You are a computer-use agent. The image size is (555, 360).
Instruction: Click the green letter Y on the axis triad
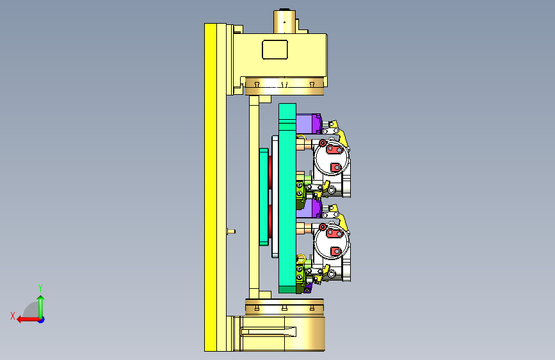pos(40,288)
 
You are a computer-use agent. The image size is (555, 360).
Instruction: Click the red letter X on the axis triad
pos(13,316)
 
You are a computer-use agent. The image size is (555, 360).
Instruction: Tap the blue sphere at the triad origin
pos(42,320)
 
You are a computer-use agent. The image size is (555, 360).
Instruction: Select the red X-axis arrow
pos(28,320)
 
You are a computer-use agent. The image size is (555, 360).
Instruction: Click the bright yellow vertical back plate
pos(210,187)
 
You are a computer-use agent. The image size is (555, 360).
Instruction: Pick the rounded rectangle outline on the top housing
pos(275,49)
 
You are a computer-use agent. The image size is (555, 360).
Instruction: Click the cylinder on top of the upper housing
pos(284,22)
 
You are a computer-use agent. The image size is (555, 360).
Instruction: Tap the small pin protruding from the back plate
pos(231,231)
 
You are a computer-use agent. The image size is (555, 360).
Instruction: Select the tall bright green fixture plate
pos(287,198)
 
